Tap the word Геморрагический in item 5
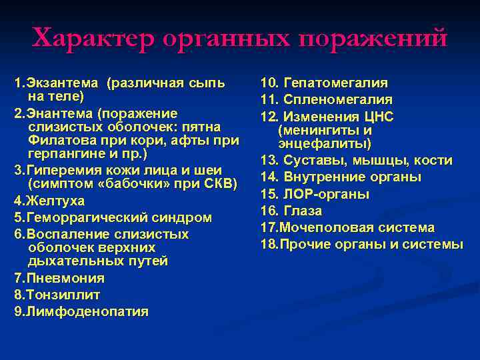coord(89,217)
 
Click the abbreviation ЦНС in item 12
coord(379,117)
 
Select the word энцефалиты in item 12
coord(325,143)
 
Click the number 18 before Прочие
coord(269,244)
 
